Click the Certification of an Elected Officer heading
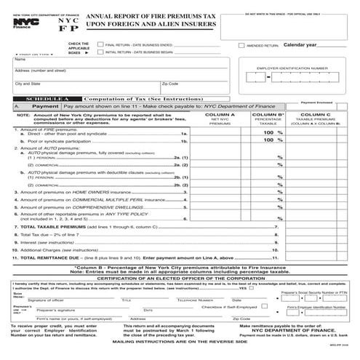179,279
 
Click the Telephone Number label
195,300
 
